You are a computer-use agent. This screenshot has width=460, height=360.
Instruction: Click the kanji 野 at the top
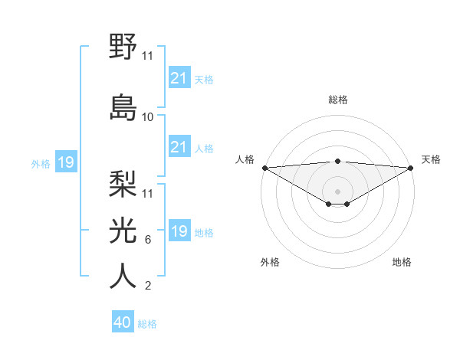point(123,47)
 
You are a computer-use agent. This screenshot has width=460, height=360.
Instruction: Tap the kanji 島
point(123,106)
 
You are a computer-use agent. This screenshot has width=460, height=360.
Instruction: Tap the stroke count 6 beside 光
point(147,240)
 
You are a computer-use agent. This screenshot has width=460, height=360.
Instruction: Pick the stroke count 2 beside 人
point(147,286)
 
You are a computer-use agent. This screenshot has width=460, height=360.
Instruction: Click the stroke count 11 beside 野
point(147,56)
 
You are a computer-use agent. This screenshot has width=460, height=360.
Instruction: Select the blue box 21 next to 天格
point(179,78)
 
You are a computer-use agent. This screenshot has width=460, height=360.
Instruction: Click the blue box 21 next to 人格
point(179,147)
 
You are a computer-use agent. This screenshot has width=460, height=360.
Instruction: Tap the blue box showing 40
point(123,322)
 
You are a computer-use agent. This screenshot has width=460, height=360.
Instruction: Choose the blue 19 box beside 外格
point(65,162)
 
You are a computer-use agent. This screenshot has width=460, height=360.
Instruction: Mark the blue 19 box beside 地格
point(179,231)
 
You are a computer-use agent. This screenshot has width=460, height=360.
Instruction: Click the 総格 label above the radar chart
point(337,100)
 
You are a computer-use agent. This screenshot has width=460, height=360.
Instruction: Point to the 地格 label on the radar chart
point(402,263)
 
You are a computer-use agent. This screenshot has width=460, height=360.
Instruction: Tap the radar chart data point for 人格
point(264,168)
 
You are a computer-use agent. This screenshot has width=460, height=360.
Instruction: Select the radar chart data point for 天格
point(410,168)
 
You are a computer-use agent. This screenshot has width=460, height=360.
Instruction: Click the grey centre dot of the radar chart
point(337,191)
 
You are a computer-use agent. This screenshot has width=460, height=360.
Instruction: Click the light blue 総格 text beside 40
point(147,323)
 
